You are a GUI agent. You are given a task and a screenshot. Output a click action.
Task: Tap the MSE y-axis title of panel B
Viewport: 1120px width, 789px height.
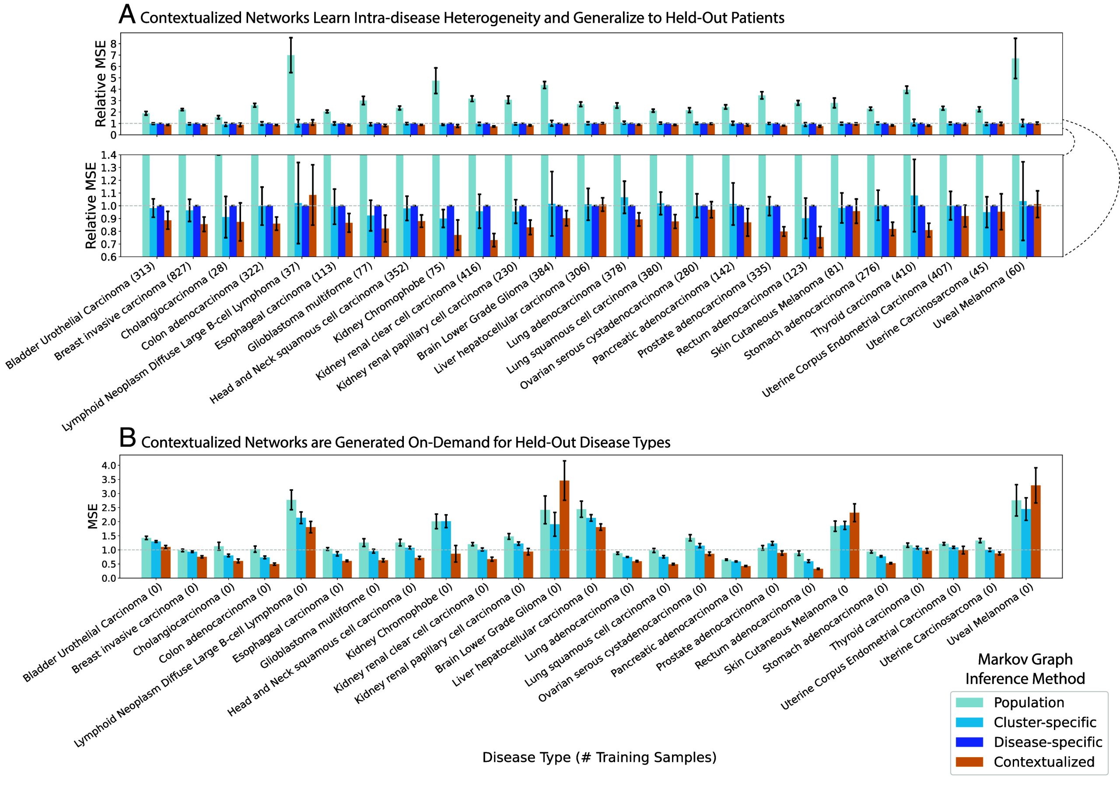click(x=92, y=517)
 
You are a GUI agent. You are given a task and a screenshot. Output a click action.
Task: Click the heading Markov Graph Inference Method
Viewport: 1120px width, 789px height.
click(x=1025, y=669)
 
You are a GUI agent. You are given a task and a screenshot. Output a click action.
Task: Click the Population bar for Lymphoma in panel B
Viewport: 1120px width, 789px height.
click(x=291, y=539)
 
